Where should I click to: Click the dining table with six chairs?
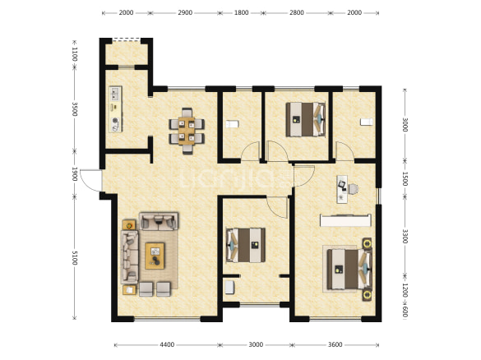tap(187, 131)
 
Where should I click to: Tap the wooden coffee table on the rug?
tap(155, 256)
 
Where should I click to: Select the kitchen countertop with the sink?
tap(115, 109)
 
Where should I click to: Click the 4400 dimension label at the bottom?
tap(167, 344)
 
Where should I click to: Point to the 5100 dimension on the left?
tap(75, 257)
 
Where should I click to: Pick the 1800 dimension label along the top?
tap(242, 12)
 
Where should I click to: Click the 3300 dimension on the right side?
tap(405, 236)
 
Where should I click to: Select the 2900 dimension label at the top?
tap(185, 12)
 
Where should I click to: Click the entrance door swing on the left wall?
tap(90, 180)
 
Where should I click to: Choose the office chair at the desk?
tap(353, 189)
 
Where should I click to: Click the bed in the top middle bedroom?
tap(306, 119)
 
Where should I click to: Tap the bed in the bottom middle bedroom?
tap(246, 245)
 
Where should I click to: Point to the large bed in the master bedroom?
tap(349, 270)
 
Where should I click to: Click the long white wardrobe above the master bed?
tap(345, 220)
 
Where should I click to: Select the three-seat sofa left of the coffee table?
tap(129, 257)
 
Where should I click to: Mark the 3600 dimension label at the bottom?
tap(335, 344)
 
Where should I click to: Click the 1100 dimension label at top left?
tap(75, 54)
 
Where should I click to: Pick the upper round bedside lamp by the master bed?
tap(367, 244)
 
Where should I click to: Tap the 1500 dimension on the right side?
tap(405, 179)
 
